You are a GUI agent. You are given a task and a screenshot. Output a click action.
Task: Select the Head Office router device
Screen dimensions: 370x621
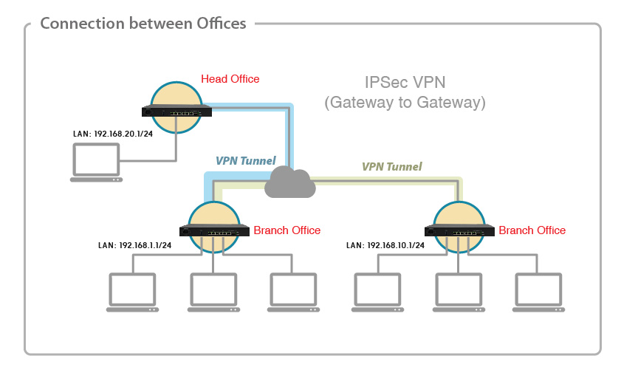[x=176, y=112]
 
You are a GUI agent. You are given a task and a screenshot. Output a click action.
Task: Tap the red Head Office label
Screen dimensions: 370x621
[x=230, y=79]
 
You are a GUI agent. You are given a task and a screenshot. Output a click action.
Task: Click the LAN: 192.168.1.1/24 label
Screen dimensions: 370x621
[x=135, y=245]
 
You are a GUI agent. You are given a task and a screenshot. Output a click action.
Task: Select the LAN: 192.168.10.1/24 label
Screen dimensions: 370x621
[x=385, y=245]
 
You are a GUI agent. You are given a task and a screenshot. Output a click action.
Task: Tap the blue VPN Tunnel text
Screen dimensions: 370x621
[x=245, y=160]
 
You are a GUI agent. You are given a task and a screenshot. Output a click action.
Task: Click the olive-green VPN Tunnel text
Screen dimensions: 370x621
[x=391, y=167]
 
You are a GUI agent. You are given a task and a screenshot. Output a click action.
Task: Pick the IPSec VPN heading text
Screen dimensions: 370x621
[x=405, y=83]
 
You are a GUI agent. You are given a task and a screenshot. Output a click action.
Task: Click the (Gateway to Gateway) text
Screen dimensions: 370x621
[x=405, y=103]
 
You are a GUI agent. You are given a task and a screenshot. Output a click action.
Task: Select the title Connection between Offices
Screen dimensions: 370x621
[x=143, y=24]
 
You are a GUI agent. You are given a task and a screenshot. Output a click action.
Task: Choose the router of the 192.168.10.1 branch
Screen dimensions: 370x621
[x=459, y=231]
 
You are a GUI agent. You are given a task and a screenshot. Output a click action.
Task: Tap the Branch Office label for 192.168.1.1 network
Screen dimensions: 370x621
[x=287, y=230]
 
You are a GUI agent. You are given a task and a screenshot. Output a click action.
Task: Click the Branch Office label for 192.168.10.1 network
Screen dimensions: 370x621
[x=532, y=230]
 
